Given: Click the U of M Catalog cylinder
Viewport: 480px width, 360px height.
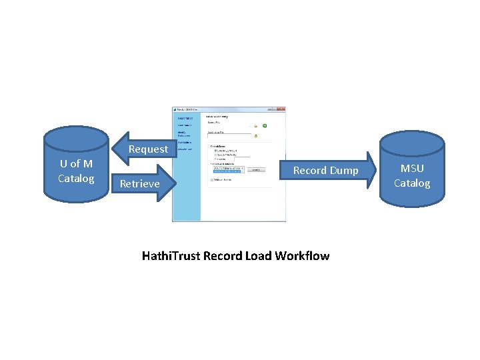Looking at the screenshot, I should click(75, 163).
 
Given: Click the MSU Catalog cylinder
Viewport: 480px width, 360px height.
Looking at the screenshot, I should click(411, 170).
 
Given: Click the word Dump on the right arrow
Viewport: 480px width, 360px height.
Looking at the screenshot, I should click(344, 170).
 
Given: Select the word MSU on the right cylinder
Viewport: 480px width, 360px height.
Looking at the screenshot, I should click(412, 168).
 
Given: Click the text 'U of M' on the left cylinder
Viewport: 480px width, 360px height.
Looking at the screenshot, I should click(76, 163).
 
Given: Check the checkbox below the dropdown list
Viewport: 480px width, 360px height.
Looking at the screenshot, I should click(212, 180).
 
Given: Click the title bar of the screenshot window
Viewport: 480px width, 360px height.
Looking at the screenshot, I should click(220, 109).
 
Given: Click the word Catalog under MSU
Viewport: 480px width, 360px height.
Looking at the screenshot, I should click(412, 183).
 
